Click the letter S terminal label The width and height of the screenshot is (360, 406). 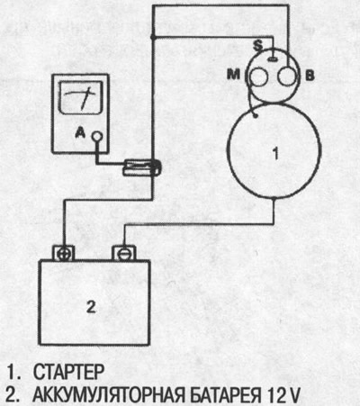(257, 45)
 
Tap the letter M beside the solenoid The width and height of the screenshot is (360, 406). (233, 74)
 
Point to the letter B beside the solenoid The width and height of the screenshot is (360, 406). (310, 76)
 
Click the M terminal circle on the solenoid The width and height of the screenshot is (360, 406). (258, 77)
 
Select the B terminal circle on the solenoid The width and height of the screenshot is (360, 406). (287, 77)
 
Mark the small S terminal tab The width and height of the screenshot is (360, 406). (273, 59)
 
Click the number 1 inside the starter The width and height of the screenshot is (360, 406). (275, 153)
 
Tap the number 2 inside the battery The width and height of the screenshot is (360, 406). (91, 307)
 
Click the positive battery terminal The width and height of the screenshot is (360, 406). (64, 253)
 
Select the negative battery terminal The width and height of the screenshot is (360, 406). (123, 253)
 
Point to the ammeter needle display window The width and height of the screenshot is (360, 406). (81, 97)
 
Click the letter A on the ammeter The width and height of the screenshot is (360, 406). (80, 132)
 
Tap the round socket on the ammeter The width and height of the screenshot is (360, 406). (96, 137)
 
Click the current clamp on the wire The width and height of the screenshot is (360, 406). (142, 167)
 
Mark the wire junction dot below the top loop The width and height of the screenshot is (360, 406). (153, 37)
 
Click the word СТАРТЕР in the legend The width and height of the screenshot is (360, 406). (68, 372)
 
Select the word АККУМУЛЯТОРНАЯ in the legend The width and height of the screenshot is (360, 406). (108, 395)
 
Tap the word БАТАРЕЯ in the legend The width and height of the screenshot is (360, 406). (226, 395)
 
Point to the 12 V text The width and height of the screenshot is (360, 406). (283, 395)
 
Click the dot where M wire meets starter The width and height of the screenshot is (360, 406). (256, 116)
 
